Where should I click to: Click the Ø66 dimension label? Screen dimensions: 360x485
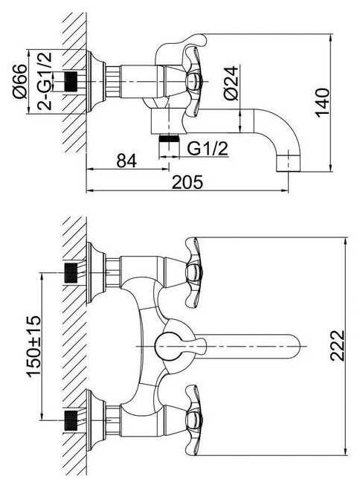click(x=20, y=81)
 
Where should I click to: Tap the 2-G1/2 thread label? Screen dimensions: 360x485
click(x=45, y=81)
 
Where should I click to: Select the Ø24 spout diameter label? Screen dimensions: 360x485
click(x=231, y=83)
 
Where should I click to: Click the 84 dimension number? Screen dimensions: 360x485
click(x=126, y=161)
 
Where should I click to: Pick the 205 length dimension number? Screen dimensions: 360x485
click(x=187, y=182)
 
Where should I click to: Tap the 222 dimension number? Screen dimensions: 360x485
click(x=337, y=345)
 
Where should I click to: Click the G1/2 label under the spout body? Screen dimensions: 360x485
click(x=208, y=149)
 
